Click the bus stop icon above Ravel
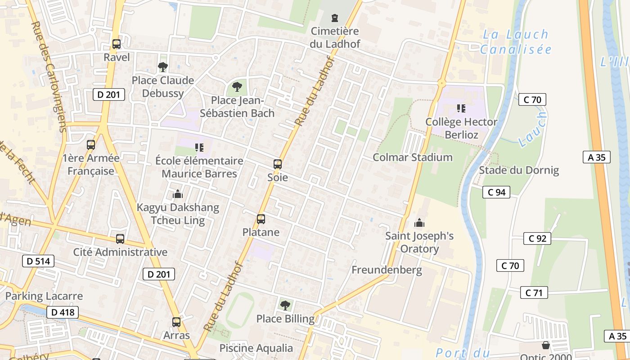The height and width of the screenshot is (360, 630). (117, 44)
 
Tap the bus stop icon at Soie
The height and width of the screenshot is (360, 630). (278, 164)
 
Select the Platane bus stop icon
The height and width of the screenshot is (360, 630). (261, 219)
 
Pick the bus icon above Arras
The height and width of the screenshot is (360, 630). (176, 322)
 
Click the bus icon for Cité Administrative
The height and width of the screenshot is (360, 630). (120, 239)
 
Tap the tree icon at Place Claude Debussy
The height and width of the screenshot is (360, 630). (162, 67)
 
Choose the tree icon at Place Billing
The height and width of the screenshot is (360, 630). (285, 306)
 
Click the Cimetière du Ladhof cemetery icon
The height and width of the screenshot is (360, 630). (334, 18)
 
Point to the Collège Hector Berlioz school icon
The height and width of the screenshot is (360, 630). (461, 108)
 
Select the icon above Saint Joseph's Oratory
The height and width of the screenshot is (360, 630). (419, 223)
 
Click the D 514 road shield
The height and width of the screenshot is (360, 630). (38, 261)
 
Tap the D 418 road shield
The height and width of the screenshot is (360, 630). (63, 312)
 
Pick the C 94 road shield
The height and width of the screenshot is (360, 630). (496, 192)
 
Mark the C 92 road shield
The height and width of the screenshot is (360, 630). (537, 238)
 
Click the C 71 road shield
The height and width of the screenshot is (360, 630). (534, 292)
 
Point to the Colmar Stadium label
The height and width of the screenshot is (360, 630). (413, 157)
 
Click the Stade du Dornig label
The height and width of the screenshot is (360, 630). (518, 170)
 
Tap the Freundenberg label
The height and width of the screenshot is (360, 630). (387, 270)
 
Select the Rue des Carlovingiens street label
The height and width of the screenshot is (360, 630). (49, 76)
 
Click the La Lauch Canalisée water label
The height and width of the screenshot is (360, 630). (516, 42)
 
